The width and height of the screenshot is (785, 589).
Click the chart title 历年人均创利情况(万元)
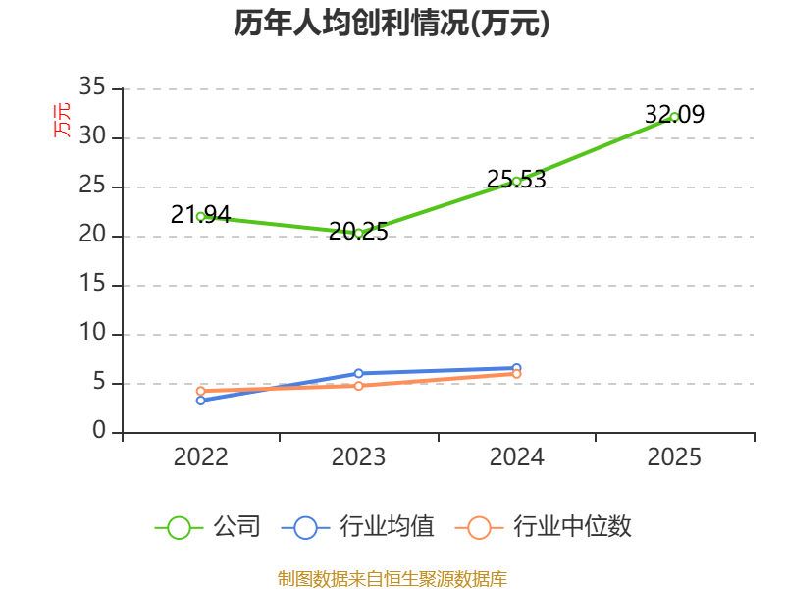(x=392, y=23)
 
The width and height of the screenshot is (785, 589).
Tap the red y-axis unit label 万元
(x=62, y=120)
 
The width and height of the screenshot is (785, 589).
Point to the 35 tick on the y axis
(x=92, y=86)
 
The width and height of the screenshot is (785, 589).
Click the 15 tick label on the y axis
(x=92, y=284)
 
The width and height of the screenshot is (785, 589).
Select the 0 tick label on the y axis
(x=99, y=430)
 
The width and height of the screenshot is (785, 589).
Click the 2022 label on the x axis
(x=201, y=456)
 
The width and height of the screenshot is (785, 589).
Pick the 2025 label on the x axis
(x=674, y=456)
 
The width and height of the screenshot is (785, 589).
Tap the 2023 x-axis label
(x=358, y=456)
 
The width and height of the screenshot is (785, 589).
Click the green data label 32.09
(x=674, y=114)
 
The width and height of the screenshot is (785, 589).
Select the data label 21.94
(x=201, y=215)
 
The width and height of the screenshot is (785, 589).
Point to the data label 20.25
(x=358, y=232)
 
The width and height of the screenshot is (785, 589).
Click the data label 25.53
(x=517, y=180)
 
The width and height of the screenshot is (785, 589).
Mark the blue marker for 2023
(x=358, y=374)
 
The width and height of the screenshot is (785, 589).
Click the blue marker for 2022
(x=201, y=401)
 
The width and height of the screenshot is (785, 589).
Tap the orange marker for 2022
(x=201, y=391)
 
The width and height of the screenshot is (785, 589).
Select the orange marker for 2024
(x=517, y=374)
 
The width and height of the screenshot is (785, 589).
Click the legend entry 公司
(x=208, y=527)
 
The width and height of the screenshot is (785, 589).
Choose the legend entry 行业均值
(x=358, y=527)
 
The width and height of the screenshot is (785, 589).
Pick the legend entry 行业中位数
(x=544, y=527)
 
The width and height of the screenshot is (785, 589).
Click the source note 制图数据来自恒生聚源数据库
(x=392, y=579)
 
